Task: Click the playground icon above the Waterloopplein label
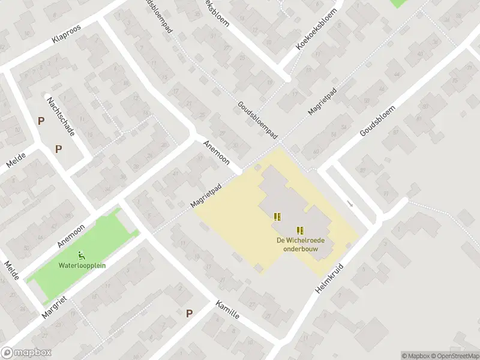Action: (82, 255)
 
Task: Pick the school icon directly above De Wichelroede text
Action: (299, 230)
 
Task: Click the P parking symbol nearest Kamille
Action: (190, 313)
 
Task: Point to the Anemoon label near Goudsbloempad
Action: (217, 154)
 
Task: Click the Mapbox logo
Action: (26, 353)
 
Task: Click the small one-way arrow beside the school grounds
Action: (351, 205)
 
